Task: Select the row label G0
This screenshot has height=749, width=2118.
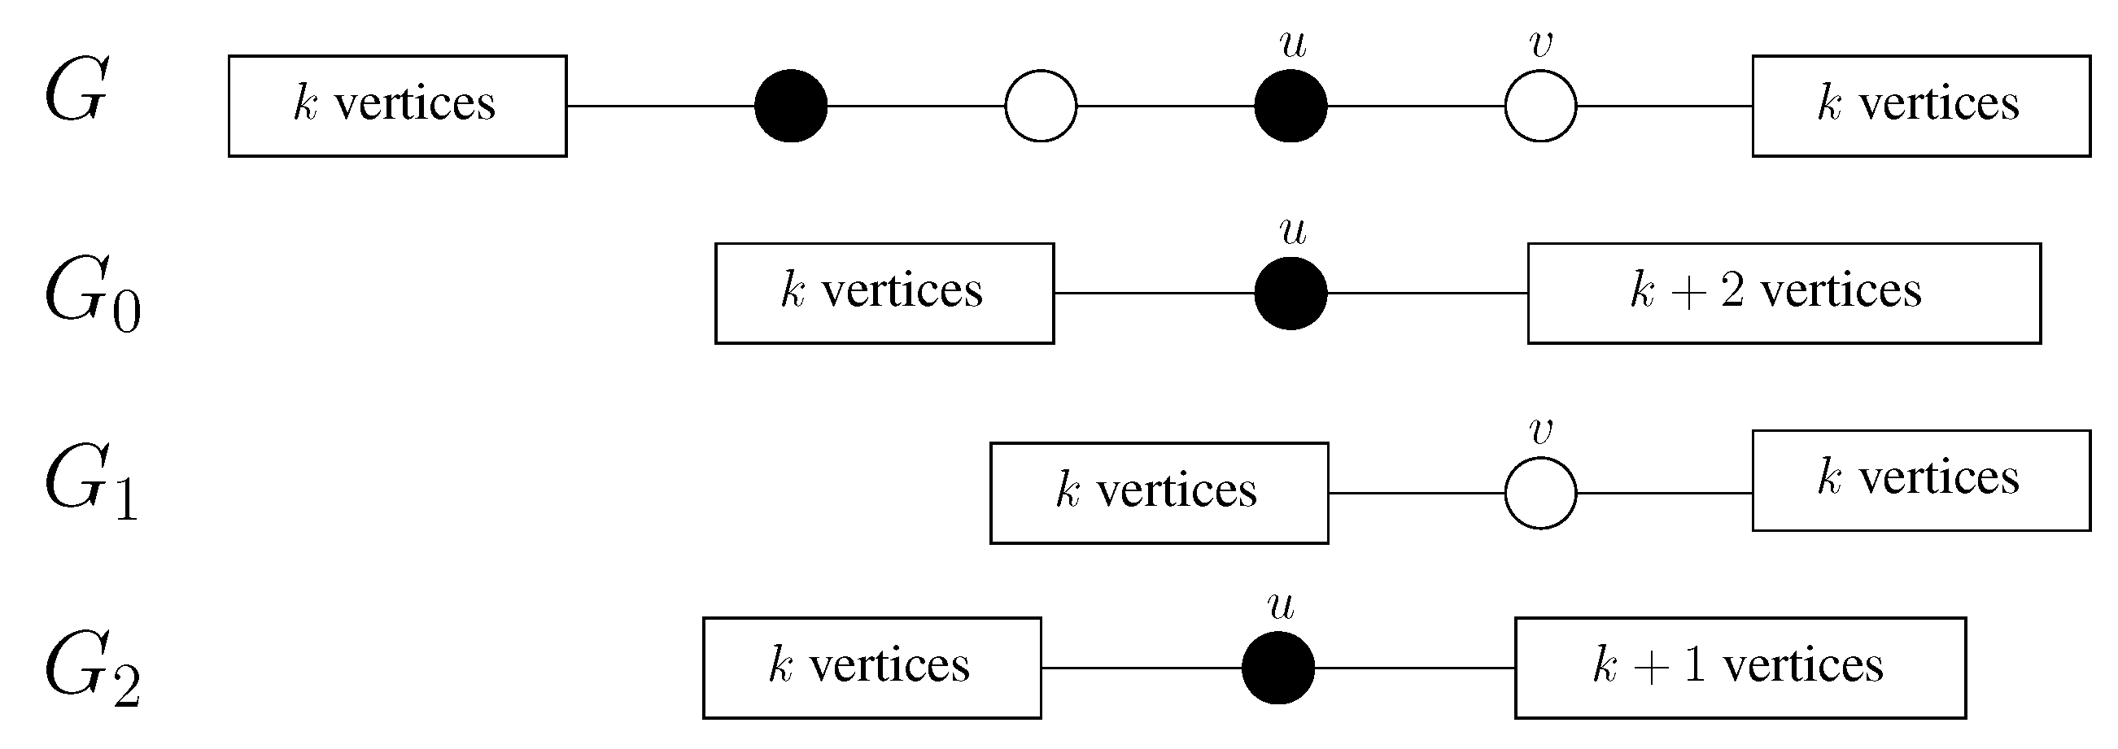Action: coord(92,294)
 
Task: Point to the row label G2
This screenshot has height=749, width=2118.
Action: coord(92,668)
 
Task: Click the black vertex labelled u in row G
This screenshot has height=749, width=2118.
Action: coord(1290,106)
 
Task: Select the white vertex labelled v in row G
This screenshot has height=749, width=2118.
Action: coord(1540,106)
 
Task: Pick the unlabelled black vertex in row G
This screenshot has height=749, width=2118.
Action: coord(791,106)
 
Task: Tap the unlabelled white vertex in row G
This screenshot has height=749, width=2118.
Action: coord(1040,106)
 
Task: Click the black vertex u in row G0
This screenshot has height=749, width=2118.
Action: coord(1290,294)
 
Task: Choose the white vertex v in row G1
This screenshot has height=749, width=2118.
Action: coord(1540,494)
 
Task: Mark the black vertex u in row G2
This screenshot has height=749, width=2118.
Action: coord(1277,668)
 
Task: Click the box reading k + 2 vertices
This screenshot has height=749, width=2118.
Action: coord(1784,294)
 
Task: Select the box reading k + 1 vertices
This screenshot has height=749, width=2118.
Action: coord(1740,668)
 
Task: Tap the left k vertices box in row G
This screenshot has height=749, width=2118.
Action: coord(397,106)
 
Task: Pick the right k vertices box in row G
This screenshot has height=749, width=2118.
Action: coord(1920,106)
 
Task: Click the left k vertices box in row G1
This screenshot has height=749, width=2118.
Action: coord(1159,494)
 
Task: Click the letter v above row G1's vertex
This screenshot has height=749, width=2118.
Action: coord(1541,431)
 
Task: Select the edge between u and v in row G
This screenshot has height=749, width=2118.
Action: coord(1415,106)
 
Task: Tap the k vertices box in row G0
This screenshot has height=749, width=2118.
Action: coord(884,294)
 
